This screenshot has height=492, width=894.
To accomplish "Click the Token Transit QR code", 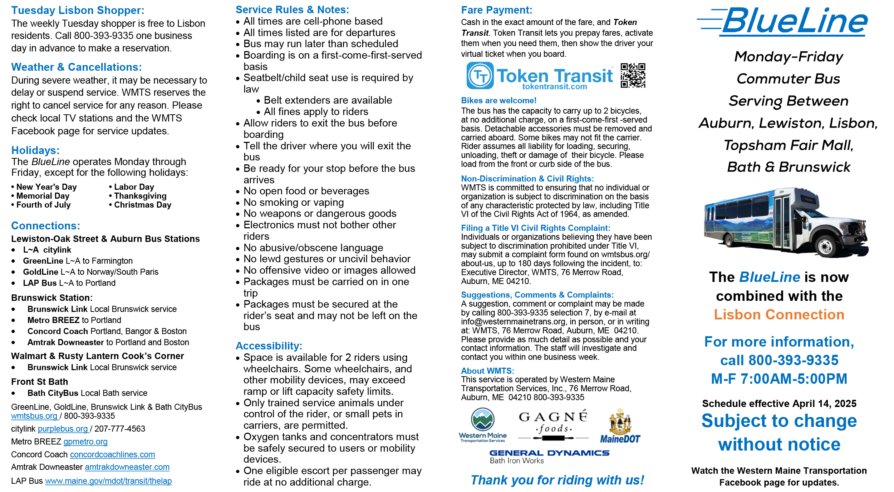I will pyautogui.click(x=633, y=75).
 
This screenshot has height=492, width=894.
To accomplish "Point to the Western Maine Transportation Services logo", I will pyautogui.click(x=482, y=425).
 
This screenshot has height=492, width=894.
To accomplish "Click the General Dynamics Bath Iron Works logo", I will pyautogui.click(x=549, y=456).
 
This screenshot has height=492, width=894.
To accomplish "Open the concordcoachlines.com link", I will pyautogui.click(x=112, y=454).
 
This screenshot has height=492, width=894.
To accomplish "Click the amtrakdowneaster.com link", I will pyautogui.click(x=127, y=467).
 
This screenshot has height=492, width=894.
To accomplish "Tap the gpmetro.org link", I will pyautogui.click(x=85, y=442).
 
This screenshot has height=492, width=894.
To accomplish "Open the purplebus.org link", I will pyautogui.click(x=63, y=429).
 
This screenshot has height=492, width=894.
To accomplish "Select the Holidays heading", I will pyautogui.click(x=35, y=150).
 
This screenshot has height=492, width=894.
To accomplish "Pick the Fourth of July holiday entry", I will pyautogui.click(x=43, y=205).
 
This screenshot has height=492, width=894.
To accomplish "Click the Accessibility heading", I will pyautogui.click(x=269, y=346).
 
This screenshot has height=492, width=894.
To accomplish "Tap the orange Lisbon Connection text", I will pyautogui.click(x=779, y=314).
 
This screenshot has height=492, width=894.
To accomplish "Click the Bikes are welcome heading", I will pyautogui.click(x=498, y=100).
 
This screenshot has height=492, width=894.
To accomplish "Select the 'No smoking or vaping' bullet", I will pyautogui.click(x=293, y=202).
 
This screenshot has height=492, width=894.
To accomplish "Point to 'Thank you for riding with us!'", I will pyautogui.click(x=557, y=480).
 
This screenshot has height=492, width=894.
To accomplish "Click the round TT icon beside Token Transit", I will pyautogui.click(x=480, y=75).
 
